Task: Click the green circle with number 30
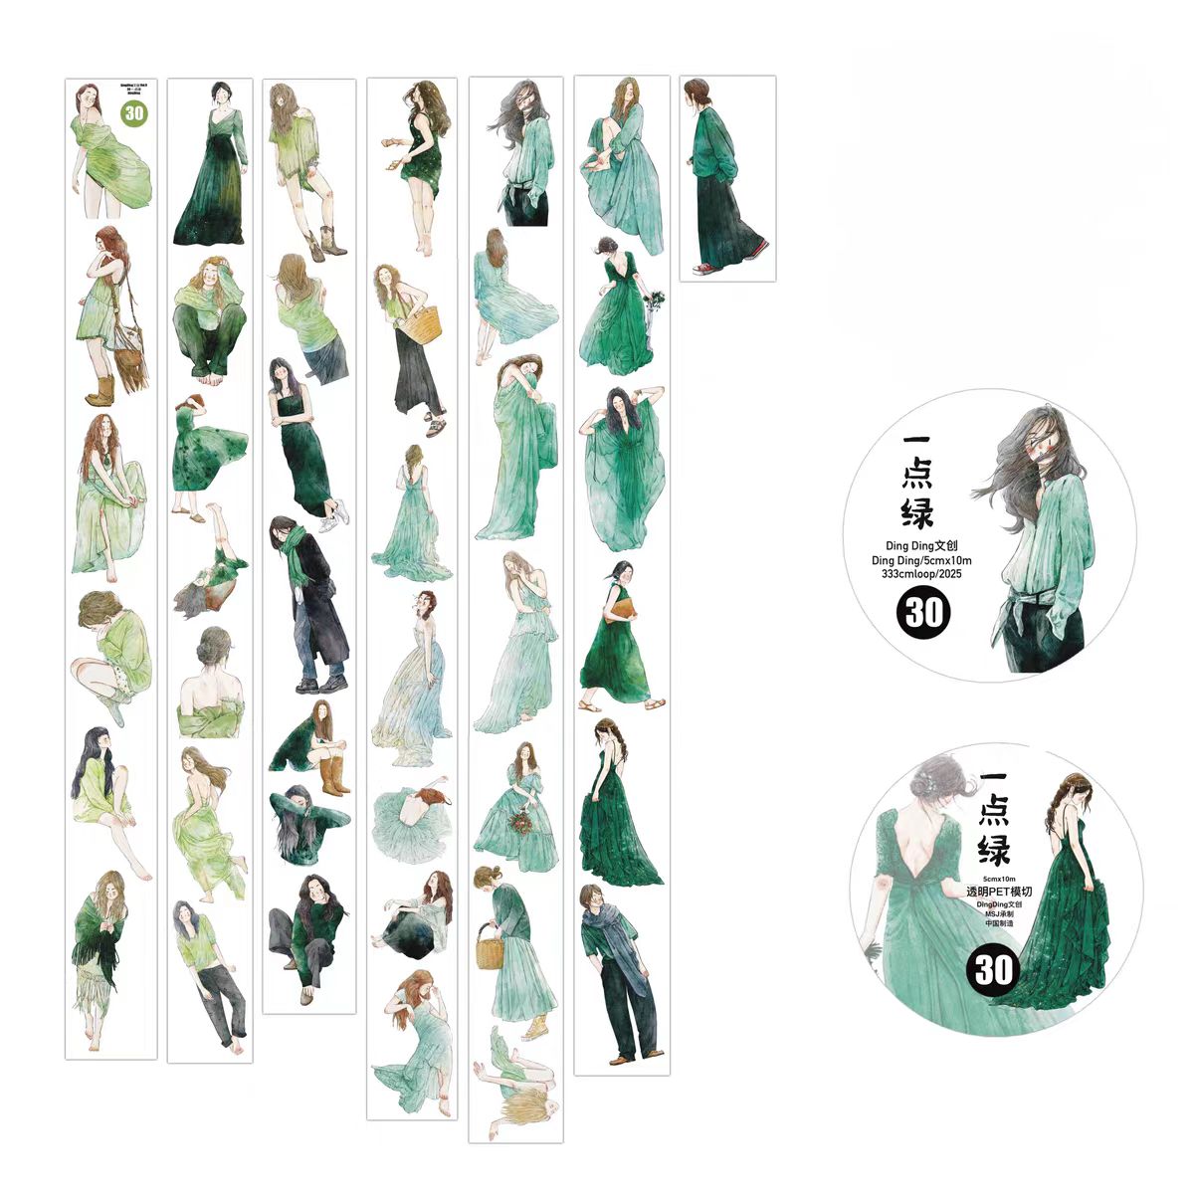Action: pos(134,113)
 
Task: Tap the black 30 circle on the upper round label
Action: pos(923,611)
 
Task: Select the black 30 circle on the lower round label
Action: pos(993,967)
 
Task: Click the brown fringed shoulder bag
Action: pos(130,353)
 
